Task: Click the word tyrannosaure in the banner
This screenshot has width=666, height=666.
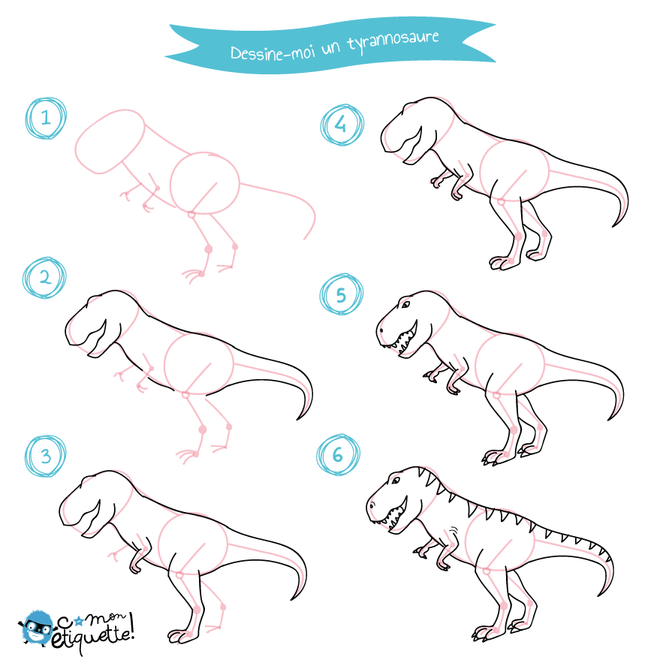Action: click(393, 41)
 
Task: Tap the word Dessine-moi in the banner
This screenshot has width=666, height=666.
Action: click(273, 53)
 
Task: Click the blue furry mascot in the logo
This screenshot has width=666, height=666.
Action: click(38, 627)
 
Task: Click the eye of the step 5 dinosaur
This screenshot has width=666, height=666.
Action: click(405, 305)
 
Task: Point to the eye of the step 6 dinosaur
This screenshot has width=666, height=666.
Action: click(396, 481)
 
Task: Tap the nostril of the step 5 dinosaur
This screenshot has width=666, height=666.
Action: click(381, 330)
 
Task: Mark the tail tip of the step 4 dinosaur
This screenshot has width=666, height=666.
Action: click(613, 227)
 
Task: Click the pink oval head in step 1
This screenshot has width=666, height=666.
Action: click(110, 141)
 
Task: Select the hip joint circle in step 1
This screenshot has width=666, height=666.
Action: click(191, 215)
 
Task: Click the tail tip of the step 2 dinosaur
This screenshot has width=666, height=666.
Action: click(297, 420)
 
